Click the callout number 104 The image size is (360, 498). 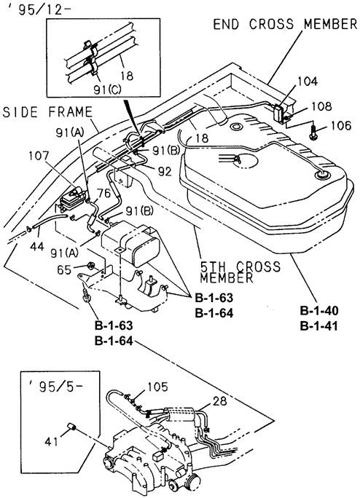[x=308, y=82]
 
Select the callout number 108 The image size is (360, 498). [x=321, y=106]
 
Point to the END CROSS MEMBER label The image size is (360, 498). [x=285, y=24]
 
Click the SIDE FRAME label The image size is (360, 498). [x=47, y=112]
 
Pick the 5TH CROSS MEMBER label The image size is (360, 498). [x=240, y=272]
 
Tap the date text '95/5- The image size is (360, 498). [x=55, y=388]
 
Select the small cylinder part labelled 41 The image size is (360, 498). [x=71, y=427]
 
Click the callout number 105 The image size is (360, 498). [x=157, y=387]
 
